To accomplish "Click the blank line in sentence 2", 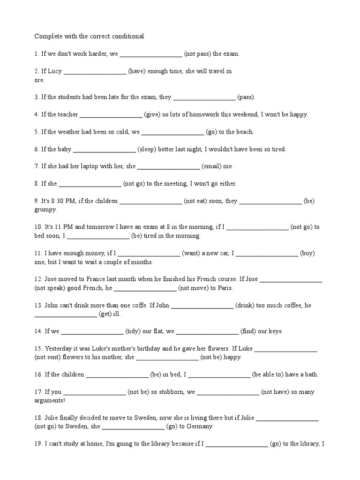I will click(x=95, y=72).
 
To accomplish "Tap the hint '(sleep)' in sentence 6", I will click(x=147, y=150).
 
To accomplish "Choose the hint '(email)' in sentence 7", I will click(x=211, y=166).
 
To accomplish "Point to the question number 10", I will click(x=38, y=227).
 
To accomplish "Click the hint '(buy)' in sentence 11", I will click(x=307, y=254).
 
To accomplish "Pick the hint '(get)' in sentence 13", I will click(x=104, y=314).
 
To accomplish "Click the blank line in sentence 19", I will click(x=237, y=443).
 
